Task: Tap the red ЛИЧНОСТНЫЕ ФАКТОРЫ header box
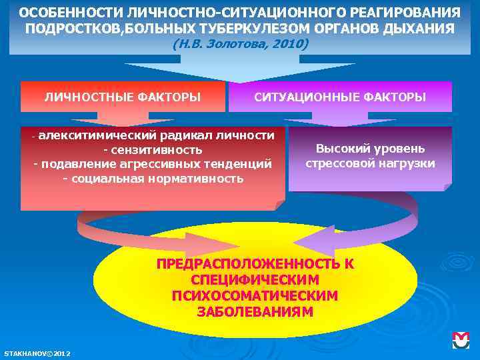click(123, 97)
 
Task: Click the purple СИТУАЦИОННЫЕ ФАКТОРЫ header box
click(340, 97)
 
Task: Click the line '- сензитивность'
click(153, 150)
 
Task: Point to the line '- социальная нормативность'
click(153, 179)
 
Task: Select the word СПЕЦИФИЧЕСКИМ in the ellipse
click(255, 279)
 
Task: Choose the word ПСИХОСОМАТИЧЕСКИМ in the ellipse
click(255, 295)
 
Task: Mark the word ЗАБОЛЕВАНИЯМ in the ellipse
click(255, 311)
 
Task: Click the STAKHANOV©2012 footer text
click(37, 353)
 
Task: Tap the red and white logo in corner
click(461, 340)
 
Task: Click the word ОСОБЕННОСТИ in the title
click(60, 14)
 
